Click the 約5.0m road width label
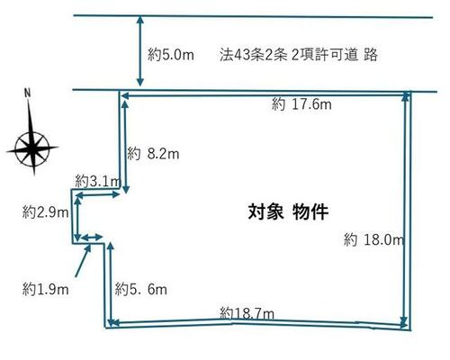(x=171, y=55)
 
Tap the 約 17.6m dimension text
(x=301, y=104)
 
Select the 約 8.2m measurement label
(x=153, y=154)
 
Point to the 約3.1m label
(x=97, y=181)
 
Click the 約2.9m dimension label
(x=45, y=212)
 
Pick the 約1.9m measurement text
(x=45, y=290)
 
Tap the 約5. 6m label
(x=141, y=289)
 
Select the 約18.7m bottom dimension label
(x=247, y=314)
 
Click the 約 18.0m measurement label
(x=373, y=239)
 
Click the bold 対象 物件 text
(x=288, y=212)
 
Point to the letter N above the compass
(x=28, y=93)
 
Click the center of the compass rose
(x=32, y=148)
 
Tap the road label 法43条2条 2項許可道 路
(x=299, y=55)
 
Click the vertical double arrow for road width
(x=140, y=51)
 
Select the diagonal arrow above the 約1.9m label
(x=83, y=260)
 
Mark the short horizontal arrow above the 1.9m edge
(x=92, y=238)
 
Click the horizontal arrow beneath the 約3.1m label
(x=97, y=195)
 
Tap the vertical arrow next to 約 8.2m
(x=125, y=147)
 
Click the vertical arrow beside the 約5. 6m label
(x=111, y=284)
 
